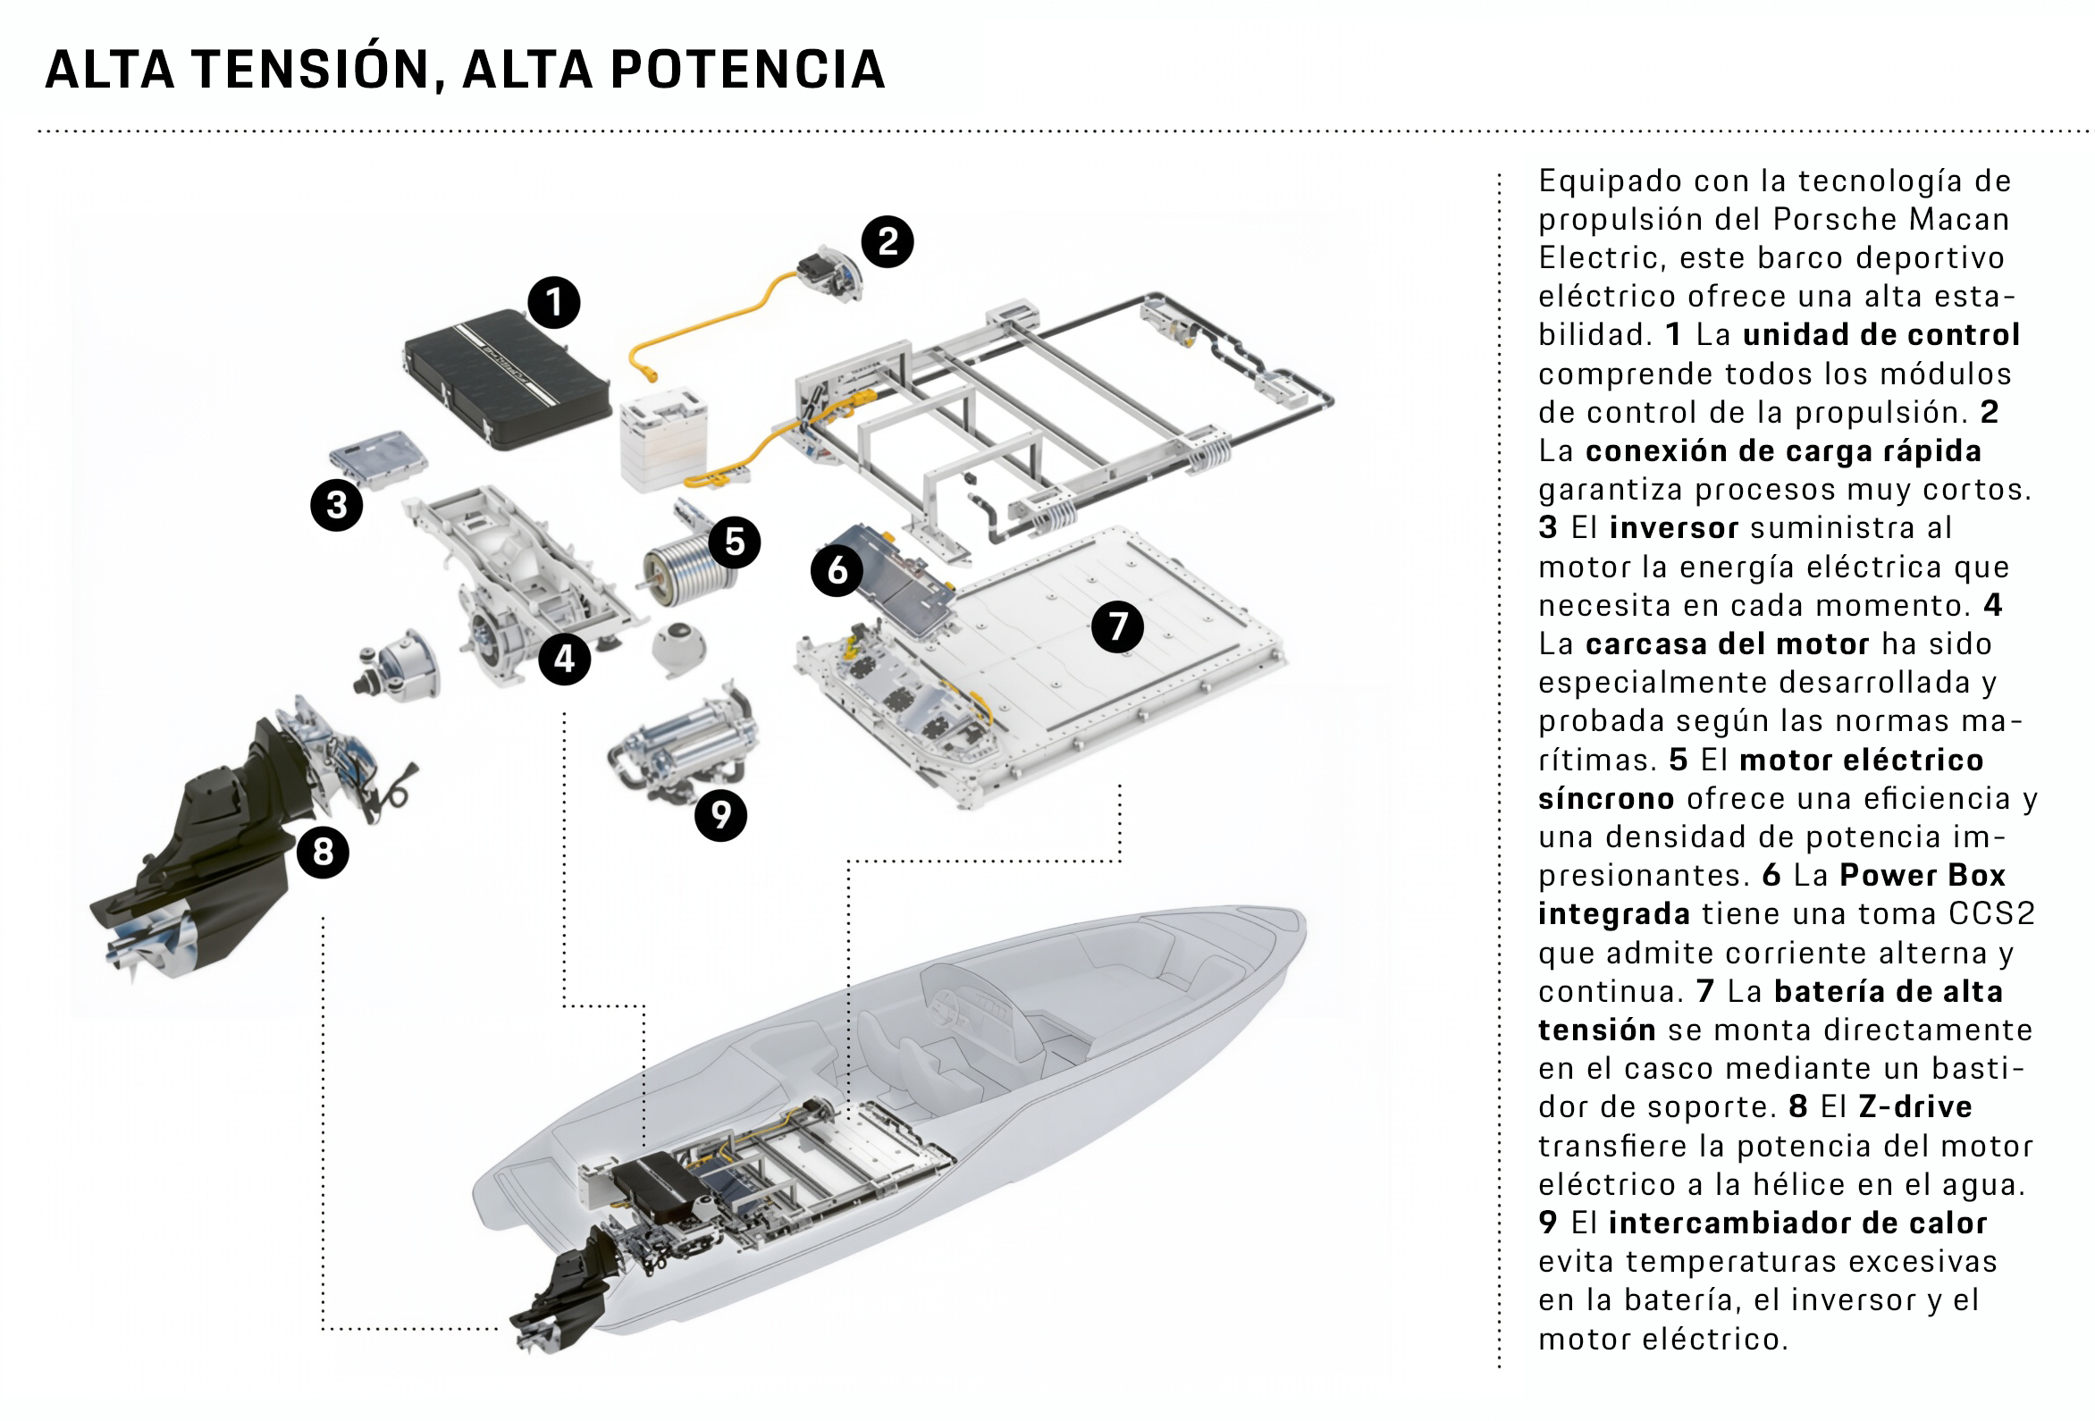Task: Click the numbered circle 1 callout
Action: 553,302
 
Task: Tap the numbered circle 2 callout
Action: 887,240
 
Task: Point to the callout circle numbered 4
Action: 564,658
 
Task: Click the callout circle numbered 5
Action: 734,542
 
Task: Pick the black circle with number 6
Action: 837,570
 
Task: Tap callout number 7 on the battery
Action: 1117,626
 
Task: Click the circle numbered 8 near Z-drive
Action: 323,851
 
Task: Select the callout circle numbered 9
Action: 720,814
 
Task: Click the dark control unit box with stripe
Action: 505,379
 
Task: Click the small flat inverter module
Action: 378,458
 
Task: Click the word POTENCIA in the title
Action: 747,70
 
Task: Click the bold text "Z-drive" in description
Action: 1914,1106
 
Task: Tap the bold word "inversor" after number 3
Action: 1673,527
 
